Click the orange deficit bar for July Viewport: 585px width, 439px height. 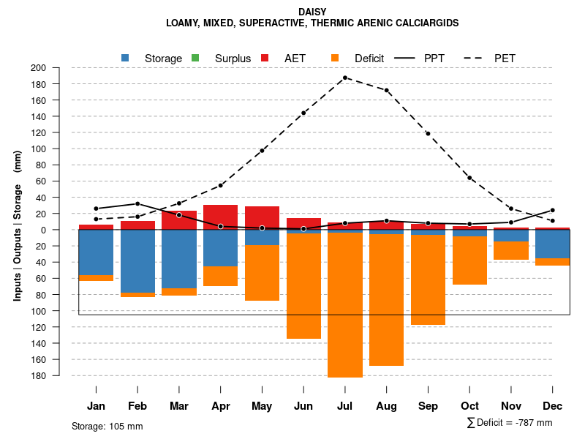pos(345,304)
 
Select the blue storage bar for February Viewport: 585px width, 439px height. pos(137,261)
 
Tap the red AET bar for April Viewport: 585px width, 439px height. pos(220,216)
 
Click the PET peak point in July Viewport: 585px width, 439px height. pos(345,78)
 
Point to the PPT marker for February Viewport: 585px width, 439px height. pos(137,203)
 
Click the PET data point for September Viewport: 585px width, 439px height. pos(428,133)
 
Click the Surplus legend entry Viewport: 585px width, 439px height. pos(223,59)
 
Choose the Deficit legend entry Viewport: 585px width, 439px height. pos(358,59)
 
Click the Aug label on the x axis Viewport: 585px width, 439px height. pos(386,406)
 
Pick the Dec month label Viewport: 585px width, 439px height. pos(553,406)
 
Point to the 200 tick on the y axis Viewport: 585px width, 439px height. pos(58,68)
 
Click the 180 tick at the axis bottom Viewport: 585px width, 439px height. pos(58,376)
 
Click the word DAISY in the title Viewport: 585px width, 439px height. pos(312,12)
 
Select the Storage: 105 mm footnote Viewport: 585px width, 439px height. pos(107,426)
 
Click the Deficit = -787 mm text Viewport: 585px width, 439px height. pos(514,423)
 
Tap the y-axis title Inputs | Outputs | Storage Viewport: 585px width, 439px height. pos(18,225)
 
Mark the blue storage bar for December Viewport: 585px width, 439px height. pos(553,244)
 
